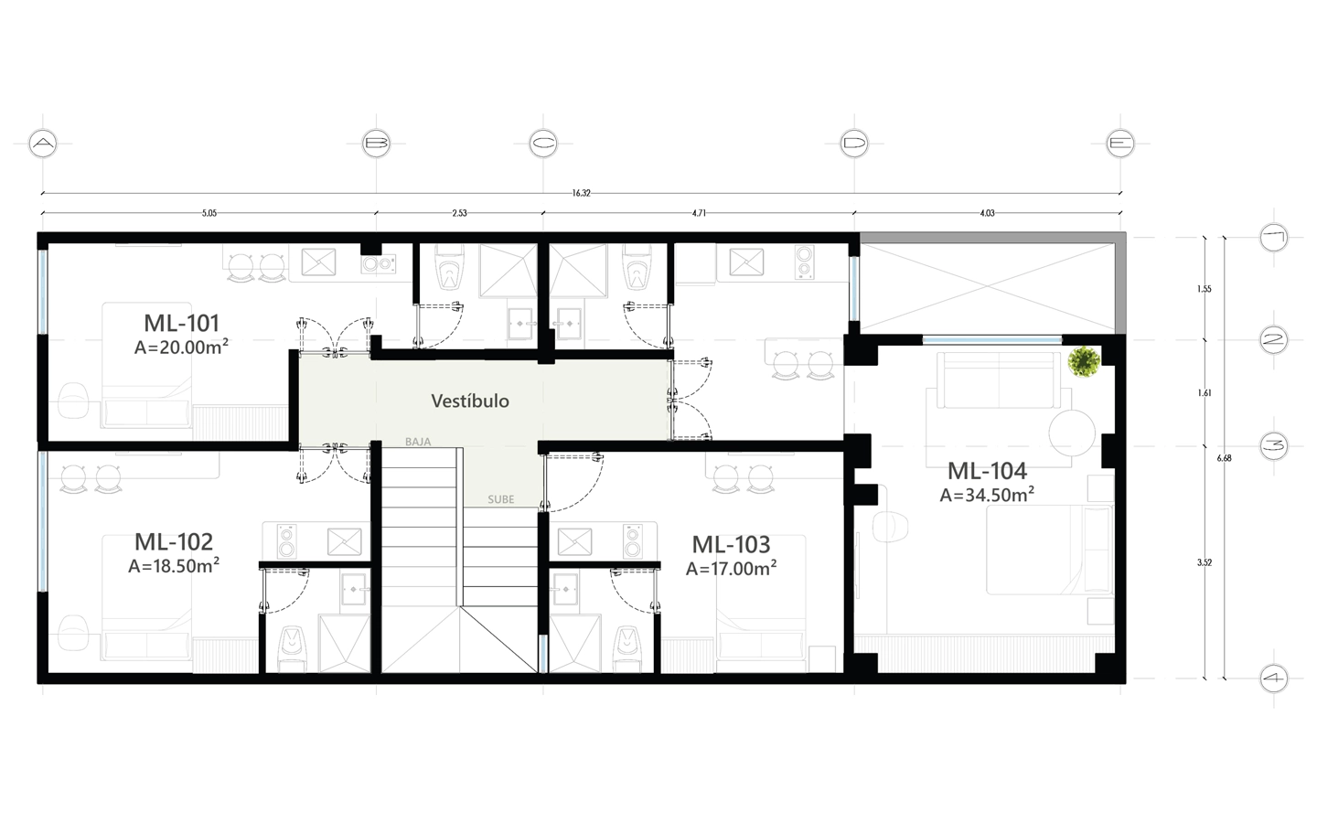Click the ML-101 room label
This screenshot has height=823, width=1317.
coord(181,323)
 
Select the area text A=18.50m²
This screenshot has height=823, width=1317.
coord(173,566)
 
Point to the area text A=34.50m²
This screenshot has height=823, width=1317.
coord(987,495)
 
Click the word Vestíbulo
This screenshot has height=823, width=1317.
coord(470,401)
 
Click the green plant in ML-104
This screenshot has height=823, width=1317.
coord(1084,362)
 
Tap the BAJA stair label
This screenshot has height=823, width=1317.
coord(418,442)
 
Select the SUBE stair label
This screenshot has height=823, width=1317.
coord(500,499)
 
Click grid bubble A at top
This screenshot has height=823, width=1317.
coord(43,144)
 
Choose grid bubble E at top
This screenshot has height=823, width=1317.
coord(1120,144)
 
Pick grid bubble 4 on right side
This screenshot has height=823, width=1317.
coord(1273,679)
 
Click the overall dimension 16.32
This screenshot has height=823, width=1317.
coord(581,193)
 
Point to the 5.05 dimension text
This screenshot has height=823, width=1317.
coord(209,213)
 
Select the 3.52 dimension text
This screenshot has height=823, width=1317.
coord(1204,563)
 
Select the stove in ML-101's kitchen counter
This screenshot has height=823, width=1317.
coord(378,264)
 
